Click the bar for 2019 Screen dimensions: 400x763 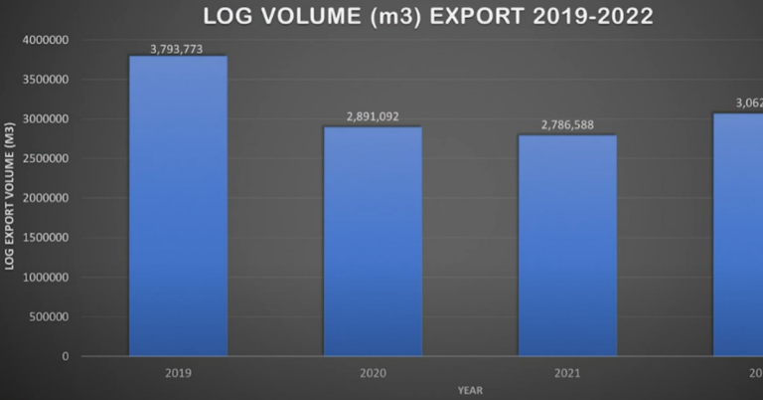point(179,206)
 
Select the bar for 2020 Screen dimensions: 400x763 point(373,241)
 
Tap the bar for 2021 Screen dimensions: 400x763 point(567,245)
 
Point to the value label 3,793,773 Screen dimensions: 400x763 point(179,47)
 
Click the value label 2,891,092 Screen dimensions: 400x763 point(373,116)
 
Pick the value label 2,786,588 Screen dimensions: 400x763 point(567,125)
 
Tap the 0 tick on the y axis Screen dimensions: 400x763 point(66,356)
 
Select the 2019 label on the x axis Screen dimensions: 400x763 point(179,373)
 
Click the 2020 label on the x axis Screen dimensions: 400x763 point(373,373)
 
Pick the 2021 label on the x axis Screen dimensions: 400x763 point(567,373)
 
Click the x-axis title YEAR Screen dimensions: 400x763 point(470,389)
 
